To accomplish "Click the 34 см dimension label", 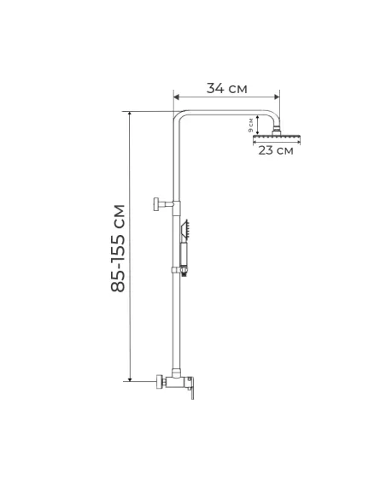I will point(226,87).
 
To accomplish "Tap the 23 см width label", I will point(273,151).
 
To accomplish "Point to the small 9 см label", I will point(251,125).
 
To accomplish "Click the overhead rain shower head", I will point(275,137).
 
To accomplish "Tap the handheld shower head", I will point(185,229).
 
